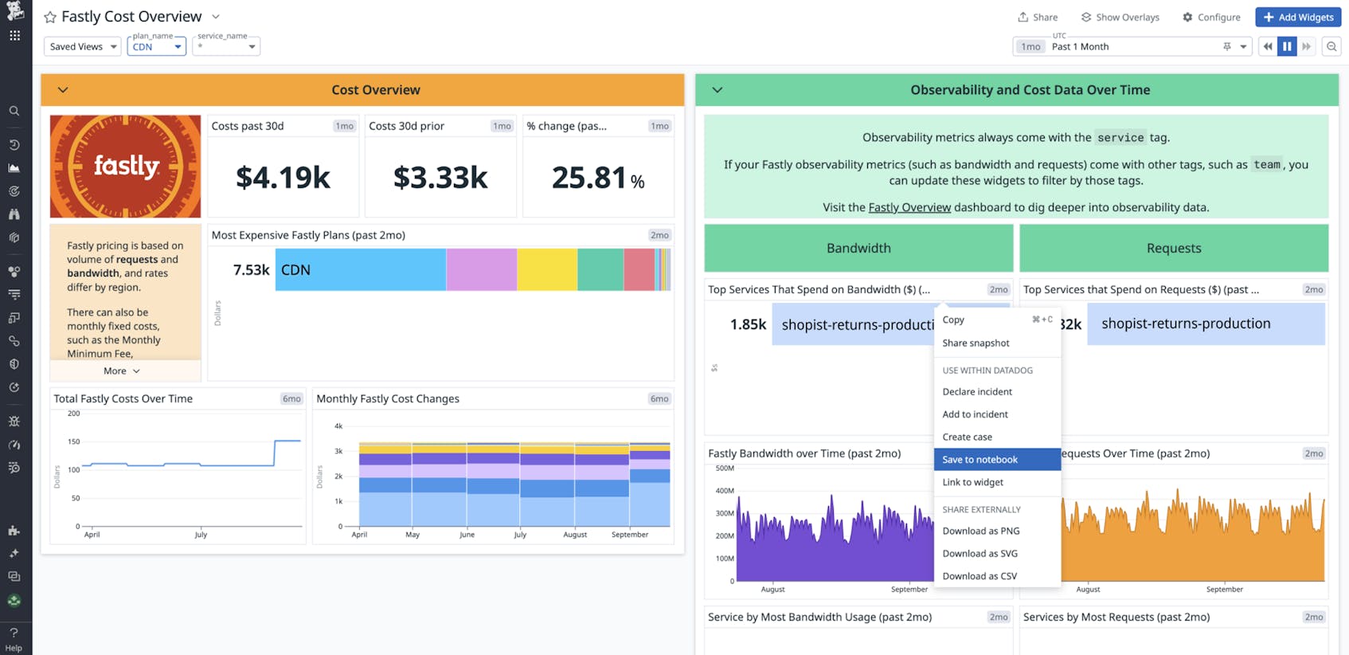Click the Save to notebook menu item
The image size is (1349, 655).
980,459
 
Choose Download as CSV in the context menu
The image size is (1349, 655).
979,575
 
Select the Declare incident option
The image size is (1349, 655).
977,391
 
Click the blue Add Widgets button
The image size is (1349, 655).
1299,17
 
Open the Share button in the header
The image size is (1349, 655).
1038,17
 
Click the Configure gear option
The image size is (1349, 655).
1211,17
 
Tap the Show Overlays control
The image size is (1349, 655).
1120,17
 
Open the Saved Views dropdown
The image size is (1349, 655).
83,46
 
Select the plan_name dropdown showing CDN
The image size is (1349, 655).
156,46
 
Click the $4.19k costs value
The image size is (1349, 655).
283,178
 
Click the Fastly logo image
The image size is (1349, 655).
125,166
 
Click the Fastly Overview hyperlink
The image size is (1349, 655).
909,207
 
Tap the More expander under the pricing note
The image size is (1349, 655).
121,371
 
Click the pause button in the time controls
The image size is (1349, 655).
1287,46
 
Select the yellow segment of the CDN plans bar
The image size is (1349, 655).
547,269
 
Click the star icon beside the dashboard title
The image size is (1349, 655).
50,17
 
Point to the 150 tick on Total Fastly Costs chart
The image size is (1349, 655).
74,441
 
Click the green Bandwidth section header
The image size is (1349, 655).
858,248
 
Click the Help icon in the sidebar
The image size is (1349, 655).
14,637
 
